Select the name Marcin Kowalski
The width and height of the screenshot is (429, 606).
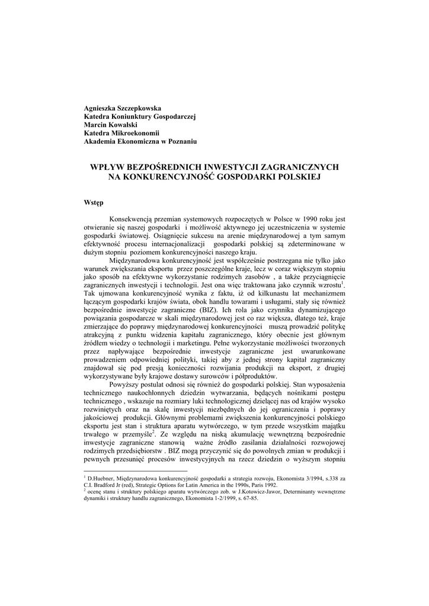point(110,125)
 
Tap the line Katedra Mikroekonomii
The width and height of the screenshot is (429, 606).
point(122,133)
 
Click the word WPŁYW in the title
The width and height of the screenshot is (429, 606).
point(104,167)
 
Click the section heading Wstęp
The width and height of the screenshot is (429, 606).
point(94,202)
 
